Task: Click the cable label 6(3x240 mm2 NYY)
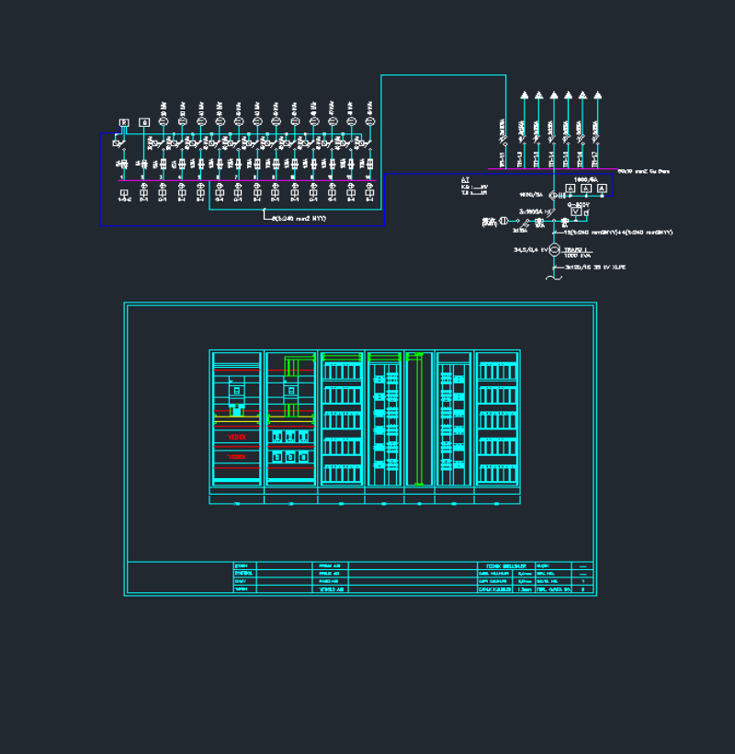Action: (299, 218)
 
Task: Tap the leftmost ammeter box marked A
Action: (570, 188)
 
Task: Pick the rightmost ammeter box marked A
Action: (603, 188)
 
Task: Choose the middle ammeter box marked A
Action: (586, 188)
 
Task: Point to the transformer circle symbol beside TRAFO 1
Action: (554, 250)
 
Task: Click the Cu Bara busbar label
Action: (642, 171)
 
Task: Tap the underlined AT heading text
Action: (465, 179)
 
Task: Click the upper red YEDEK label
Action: (237, 437)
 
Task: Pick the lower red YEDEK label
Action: (237, 457)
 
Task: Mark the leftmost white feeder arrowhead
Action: (525, 95)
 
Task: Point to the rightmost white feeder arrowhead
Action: (598, 95)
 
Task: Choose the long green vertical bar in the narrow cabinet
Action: (419, 418)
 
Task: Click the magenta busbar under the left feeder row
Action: (248, 181)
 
